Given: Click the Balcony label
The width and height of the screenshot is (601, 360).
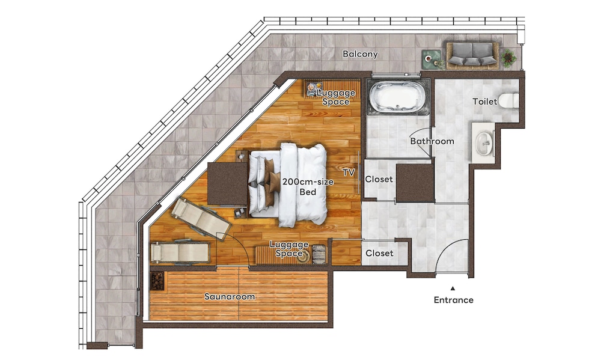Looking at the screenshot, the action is coord(360,54).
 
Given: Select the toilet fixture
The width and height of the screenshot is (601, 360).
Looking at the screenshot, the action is coord(508,100).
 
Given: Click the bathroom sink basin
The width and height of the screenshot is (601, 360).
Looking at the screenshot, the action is coord(484,144).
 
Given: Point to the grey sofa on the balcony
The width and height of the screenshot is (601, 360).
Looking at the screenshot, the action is coord(472,54).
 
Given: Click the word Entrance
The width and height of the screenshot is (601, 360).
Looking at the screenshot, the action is coord(453,300).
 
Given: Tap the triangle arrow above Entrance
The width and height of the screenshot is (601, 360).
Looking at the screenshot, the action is coord(453,288).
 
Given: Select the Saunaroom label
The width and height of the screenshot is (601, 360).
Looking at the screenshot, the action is coord(229,296).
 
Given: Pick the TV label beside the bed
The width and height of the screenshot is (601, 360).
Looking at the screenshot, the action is coord(349,172).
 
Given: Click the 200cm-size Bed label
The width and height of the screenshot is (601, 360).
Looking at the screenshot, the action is coord(308,187).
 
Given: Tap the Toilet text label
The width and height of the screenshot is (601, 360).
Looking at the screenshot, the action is coord(485,102).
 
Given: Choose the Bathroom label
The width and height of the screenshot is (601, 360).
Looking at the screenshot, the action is coord(432,141).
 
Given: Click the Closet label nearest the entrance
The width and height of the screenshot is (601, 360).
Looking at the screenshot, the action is coord(379,253).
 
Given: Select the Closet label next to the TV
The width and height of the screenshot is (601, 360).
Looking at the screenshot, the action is coord(379,179).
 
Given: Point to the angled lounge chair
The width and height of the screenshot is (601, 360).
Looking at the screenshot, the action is coord(201,219).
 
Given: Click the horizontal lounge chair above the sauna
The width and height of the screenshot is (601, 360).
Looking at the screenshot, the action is coord(180,252).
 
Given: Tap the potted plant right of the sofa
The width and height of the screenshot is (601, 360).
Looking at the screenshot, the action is coord(508,58).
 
